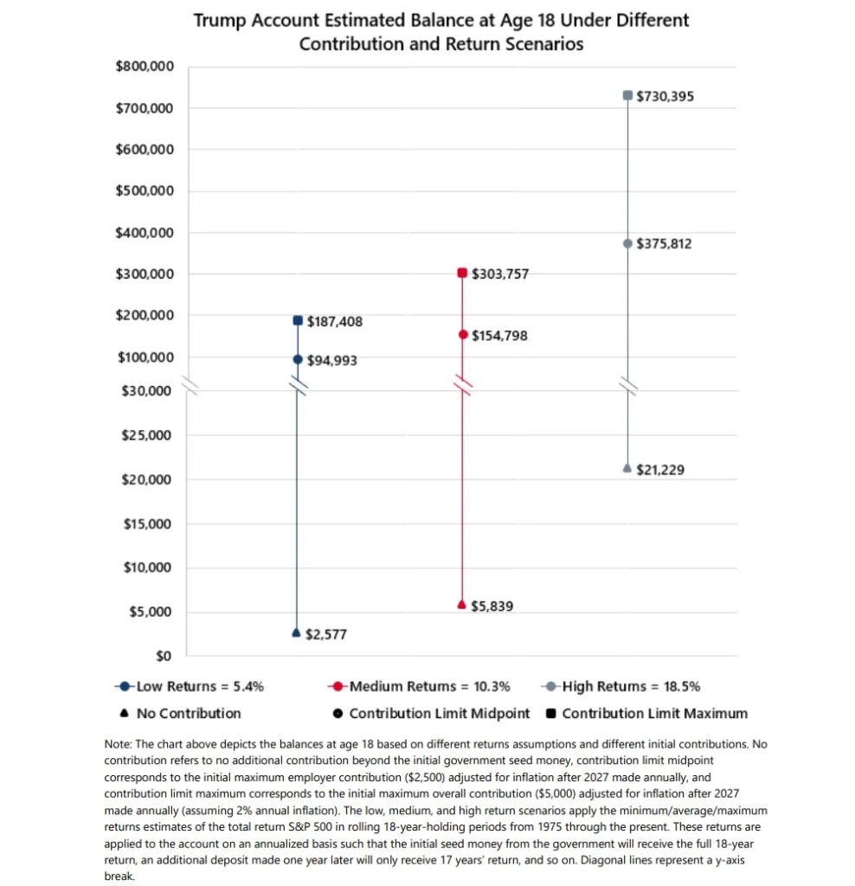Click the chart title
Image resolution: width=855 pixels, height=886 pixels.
point(440,31)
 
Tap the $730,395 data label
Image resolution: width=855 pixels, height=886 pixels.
point(665,96)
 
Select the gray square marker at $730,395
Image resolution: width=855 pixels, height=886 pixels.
point(627,95)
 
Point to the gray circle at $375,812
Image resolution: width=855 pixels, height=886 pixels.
point(627,243)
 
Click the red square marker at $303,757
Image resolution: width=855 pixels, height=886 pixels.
point(462,273)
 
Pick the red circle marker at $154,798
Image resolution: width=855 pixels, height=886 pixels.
point(462,334)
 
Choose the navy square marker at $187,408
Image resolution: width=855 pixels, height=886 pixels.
point(297,321)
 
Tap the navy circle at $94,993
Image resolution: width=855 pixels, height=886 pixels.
point(297,359)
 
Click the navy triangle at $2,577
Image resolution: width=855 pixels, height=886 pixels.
point(297,633)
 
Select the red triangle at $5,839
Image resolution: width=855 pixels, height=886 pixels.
point(462,605)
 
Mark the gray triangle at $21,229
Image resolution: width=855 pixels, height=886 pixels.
point(627,468)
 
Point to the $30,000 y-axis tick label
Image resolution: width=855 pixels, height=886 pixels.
point(147,390)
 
